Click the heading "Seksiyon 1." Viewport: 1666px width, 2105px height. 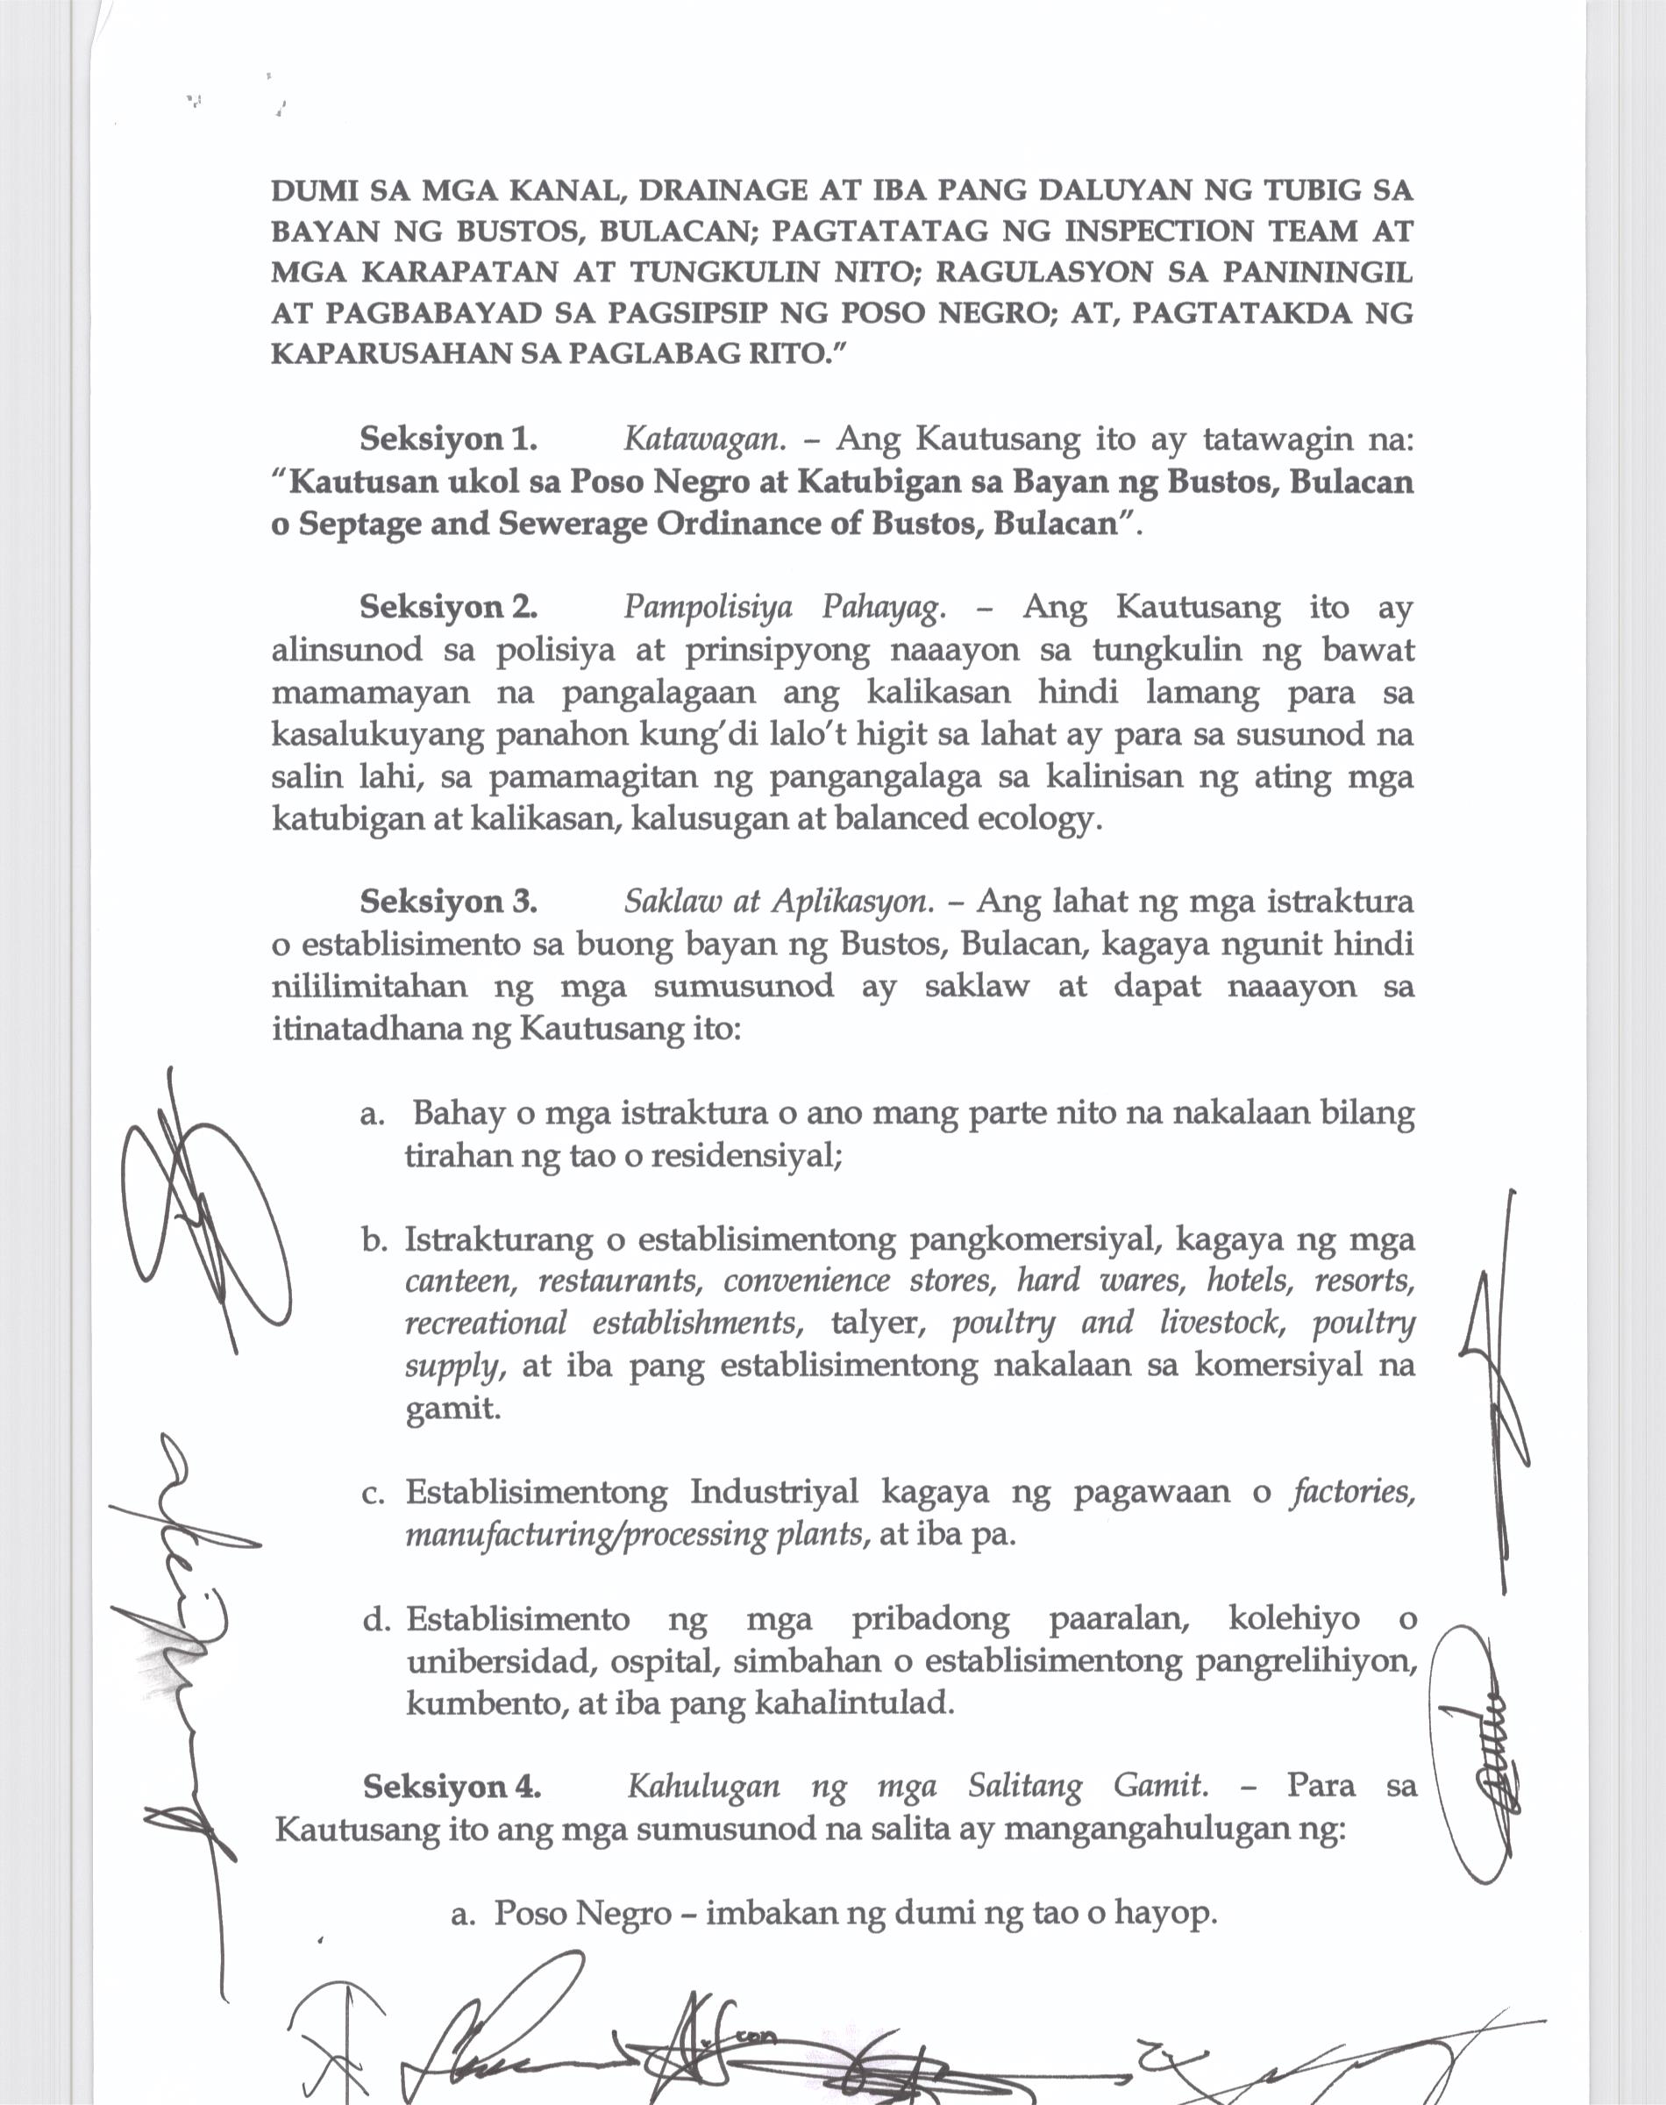[x=448, y=439]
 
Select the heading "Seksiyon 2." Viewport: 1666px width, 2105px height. [x=448, y=607]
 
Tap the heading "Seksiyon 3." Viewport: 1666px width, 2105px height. [x=448, y=901]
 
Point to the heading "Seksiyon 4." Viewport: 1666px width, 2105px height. [x=452, y=1786]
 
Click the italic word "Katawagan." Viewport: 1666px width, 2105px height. [x=704, y=439]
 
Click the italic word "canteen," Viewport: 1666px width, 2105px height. [x=460, y=1281]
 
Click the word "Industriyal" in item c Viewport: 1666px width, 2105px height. [x=773, y=1493]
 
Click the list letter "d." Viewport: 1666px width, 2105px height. [x=376, y=1620]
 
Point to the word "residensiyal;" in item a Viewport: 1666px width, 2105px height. [x=746, y=1157]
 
